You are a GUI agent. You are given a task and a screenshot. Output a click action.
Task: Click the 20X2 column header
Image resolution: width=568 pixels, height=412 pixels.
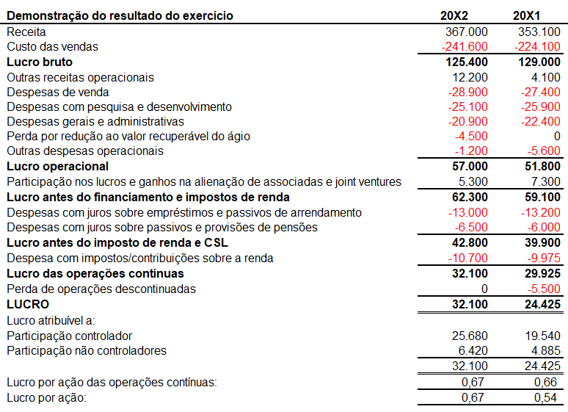(454, 15)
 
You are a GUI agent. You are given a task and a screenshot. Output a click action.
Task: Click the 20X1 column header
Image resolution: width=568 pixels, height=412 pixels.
(526, 15)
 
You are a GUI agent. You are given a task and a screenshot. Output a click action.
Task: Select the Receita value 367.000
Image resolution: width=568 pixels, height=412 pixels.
(467, 32)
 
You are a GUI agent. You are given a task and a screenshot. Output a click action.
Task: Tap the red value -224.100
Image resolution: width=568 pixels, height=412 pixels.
(537, 47)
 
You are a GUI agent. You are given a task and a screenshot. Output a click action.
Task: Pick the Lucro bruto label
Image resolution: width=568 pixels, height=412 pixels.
(40, 62)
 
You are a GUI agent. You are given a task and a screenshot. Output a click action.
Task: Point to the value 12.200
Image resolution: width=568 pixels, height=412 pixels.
(470, 77)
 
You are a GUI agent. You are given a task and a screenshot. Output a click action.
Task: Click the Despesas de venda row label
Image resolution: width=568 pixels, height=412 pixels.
(58, 92)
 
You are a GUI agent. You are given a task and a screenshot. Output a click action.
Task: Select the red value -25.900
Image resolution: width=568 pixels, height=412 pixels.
(540, 107)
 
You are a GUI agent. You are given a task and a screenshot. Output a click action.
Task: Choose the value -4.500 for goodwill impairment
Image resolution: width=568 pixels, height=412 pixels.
(471, 137)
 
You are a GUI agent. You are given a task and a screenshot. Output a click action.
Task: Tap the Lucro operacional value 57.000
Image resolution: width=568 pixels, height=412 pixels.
(470, 167)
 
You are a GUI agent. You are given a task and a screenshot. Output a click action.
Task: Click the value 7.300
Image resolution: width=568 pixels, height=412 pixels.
(546, 181)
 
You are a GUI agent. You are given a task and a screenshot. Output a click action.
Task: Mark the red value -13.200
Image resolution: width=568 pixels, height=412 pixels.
(540, 212)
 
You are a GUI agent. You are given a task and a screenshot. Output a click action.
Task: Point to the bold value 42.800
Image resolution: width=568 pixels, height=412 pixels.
(470, 242)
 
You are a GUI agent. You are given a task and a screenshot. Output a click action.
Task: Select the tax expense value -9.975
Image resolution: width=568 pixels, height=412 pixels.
(544, 259)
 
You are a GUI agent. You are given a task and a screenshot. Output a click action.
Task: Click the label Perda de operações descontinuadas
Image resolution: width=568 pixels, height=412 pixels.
(101, 289)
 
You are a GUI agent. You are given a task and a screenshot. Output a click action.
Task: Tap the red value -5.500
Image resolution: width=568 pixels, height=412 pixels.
(544, 289)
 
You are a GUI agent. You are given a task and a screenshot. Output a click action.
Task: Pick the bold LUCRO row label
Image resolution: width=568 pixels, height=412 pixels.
(28, 304)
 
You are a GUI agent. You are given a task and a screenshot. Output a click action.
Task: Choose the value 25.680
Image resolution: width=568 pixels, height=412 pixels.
(470, 336)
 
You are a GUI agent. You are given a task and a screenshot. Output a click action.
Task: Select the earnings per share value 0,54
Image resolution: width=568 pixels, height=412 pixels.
(545, 398)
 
